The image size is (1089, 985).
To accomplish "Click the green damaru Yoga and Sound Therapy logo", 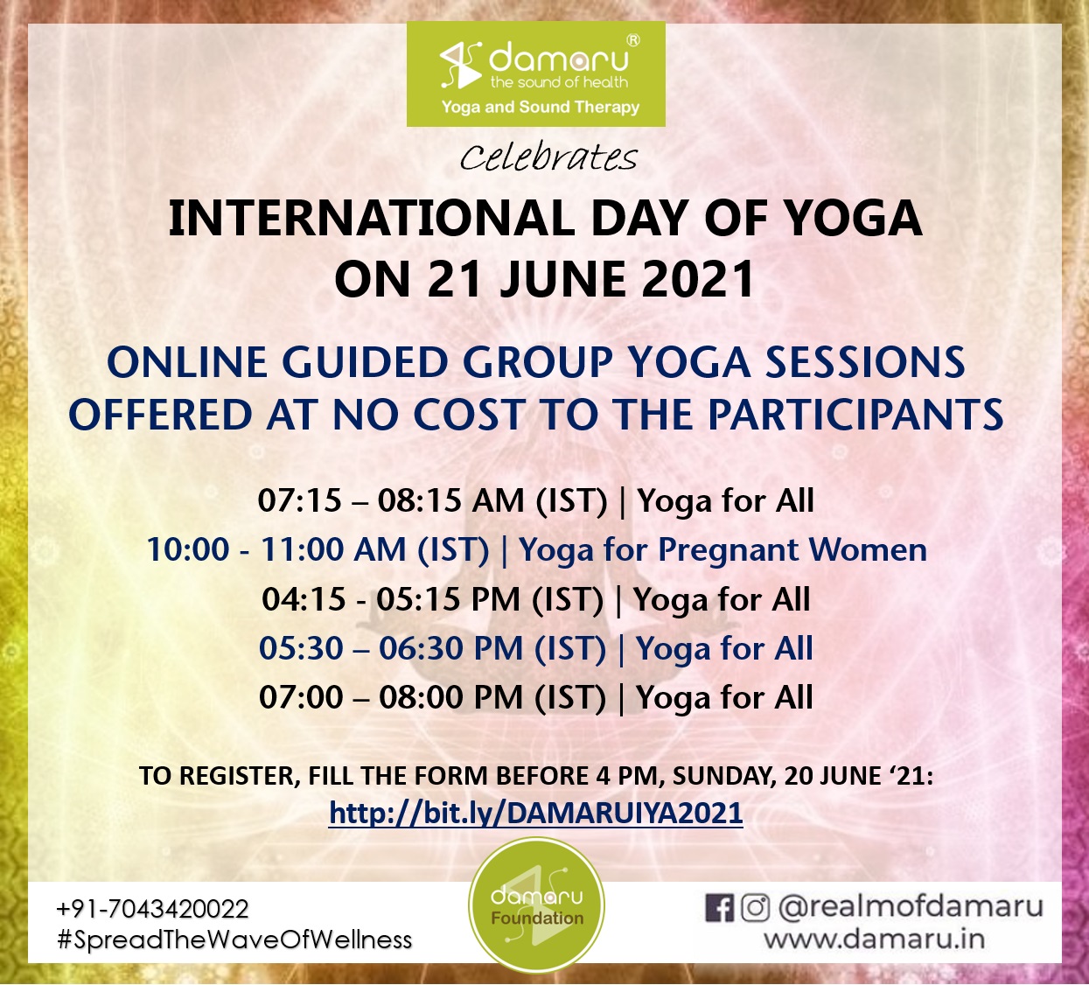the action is [536, 73].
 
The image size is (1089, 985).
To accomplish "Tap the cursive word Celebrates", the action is [548, 158].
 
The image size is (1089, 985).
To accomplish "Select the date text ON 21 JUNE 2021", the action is [544, 279].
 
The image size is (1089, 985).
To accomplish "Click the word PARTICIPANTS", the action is [856, 415].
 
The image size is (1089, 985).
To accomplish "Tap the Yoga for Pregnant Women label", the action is [723, 550].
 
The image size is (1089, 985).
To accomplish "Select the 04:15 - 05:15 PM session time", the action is [433, 599].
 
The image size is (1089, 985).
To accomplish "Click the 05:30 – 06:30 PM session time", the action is [432, 648].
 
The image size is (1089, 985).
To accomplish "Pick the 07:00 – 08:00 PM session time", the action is [432, 697].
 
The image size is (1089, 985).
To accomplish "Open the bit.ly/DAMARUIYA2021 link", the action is [536, 814].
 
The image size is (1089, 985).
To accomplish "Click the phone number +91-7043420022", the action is [152, 909].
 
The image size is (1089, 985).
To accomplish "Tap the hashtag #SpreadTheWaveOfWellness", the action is [234, 940].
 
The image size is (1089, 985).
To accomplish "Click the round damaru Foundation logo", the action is [536, 905].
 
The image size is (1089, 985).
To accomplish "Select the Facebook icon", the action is [719, 908].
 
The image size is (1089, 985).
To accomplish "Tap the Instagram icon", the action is [755, 908].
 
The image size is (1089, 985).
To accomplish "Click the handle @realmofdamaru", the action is [911, 907].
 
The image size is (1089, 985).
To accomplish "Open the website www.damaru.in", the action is [874, 940].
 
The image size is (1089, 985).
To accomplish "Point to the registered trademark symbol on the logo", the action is [632, 41].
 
